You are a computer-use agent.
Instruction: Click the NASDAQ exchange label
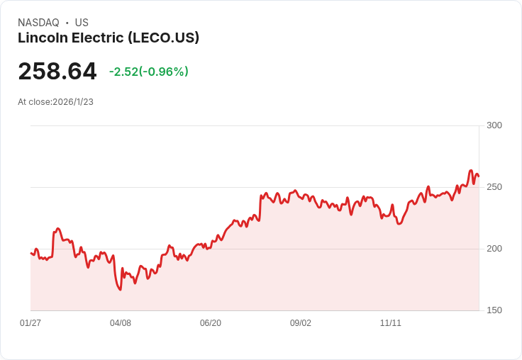[x=38, y=23]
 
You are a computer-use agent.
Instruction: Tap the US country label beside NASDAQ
[x=82, y=23]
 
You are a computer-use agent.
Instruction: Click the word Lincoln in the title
[x=41, y=38]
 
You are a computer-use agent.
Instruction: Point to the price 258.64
[x=57, y=72]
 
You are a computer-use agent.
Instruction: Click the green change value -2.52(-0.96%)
[x=149, y=72]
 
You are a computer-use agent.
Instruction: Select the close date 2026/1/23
[x=73, y=102]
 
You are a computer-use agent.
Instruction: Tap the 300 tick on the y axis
[x=494, y=125]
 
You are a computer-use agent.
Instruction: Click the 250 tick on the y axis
[x=494, y=187]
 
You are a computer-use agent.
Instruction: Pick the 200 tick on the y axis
[x=494, y=249]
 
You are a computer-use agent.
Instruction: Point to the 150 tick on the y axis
[x=494, y=310]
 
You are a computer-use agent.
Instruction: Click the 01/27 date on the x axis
[x=30, y=323]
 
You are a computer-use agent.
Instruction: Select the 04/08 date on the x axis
[x=121, y=323]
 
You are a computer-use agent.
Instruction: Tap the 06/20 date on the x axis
[x=211, y=323]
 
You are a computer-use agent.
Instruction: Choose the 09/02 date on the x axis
[x=301, y=323]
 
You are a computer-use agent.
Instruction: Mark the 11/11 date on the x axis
[x=391, y=323]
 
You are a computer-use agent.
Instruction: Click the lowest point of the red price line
[x=120, y=289]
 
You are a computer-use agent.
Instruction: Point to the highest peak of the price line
[x=470, y=171]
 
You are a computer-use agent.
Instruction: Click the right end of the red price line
[x=479, y=176]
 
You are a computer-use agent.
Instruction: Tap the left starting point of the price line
[x=31, y=253]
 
